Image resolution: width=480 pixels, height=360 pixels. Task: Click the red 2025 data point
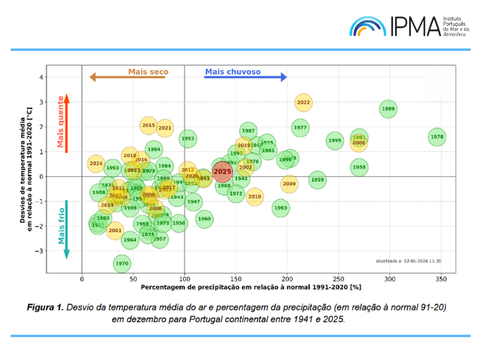click(x=223, y=171)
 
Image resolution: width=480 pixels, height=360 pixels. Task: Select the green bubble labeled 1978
click(x=437, y=137)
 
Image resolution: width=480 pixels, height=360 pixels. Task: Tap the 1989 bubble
click(x=388, y=109)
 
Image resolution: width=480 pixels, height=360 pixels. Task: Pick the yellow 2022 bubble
click(x=304, y=102)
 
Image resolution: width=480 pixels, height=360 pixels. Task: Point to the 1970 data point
click(x=122, y=263)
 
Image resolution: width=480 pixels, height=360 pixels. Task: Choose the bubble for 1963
click(x=281, y=208)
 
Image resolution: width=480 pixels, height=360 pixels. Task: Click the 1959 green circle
click(x=317, y=179)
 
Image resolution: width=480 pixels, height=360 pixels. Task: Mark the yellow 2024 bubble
click(x=96, y=163)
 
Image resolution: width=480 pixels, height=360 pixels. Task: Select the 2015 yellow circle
click(x=148, y=125)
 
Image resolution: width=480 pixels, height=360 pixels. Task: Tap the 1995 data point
click(x=335, y=141)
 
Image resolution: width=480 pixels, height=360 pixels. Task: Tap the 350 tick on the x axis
click(x=441, y=279)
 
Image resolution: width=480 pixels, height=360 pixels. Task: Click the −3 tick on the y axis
click(x=41, y=251)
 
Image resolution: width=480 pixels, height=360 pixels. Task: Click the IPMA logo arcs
click(x=367, y=25)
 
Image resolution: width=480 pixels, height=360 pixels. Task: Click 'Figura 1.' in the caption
click(x=45, y=308)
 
